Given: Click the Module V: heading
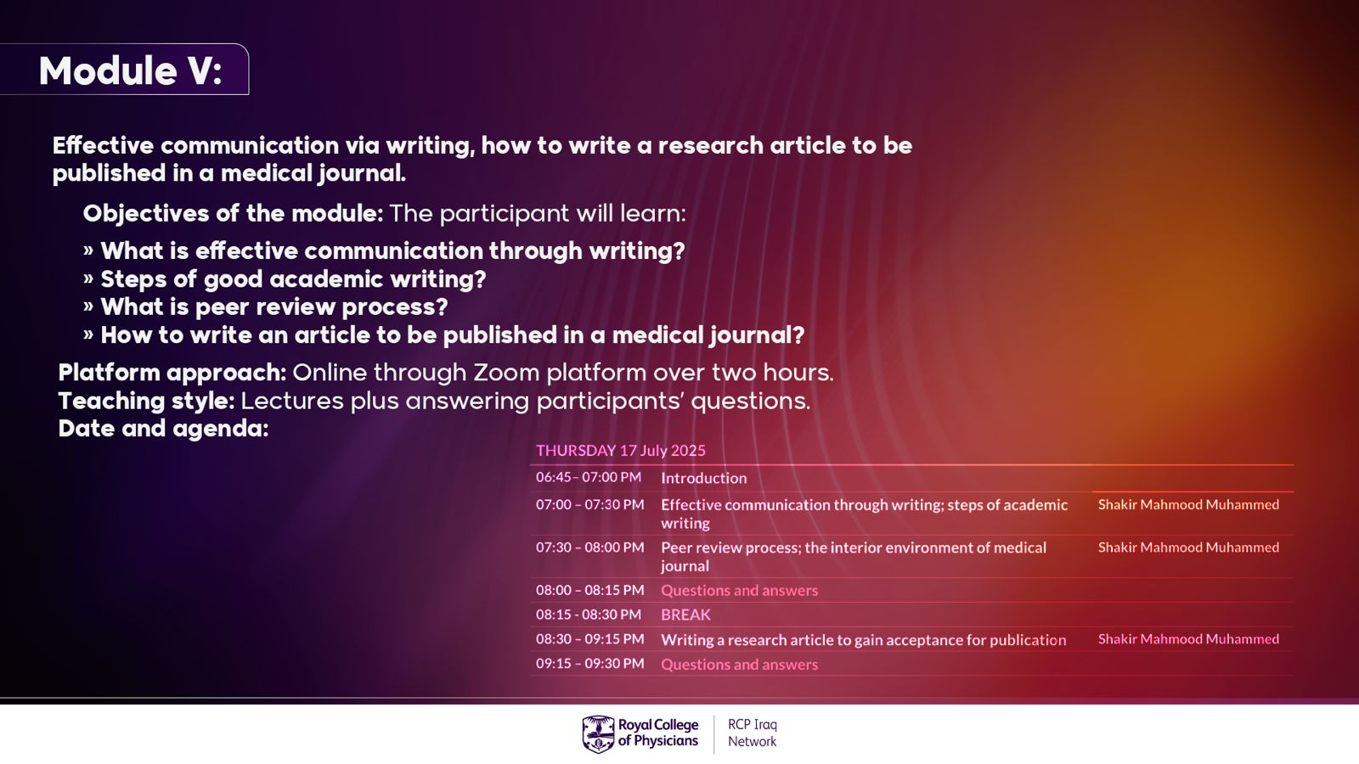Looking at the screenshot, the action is point(131,71).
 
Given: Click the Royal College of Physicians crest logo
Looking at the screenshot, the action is point(598,733).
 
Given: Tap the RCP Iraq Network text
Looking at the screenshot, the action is point(753,733).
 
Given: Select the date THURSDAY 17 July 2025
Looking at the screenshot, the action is point(621,451).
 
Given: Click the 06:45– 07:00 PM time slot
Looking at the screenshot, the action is point(589,477).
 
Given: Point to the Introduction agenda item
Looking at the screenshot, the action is point(704,479).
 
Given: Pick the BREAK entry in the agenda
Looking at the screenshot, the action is point(685,615).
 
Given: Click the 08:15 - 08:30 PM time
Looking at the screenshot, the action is point(589,615).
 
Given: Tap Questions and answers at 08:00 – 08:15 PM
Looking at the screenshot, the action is point(740,591).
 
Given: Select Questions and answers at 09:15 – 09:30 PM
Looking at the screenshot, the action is point(740,665).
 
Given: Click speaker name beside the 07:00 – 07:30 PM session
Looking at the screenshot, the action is point(1188,504).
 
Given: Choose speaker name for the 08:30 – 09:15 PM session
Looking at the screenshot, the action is point(1188,639).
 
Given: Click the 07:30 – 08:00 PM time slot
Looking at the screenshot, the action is point(589,548).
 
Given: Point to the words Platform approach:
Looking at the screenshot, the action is point(172,373).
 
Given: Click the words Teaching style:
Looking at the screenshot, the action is point(146,401).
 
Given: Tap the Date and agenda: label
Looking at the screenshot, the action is point(163,429).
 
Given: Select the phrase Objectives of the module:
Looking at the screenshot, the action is point(233,213).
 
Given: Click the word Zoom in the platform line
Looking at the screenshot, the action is point(506,373).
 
